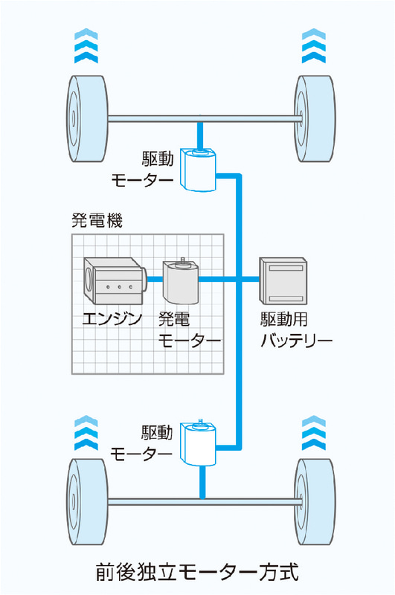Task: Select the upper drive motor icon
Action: pos(199,170)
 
